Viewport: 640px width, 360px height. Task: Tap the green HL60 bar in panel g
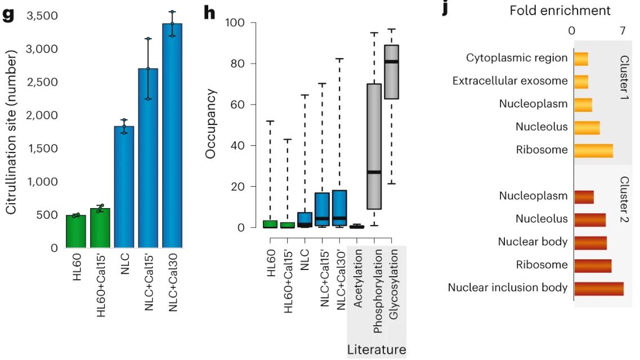[76, 232]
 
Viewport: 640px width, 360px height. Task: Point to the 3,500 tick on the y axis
[42, 15]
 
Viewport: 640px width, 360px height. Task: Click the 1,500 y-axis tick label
[42, 148]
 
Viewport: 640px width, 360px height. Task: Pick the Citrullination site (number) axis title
[12, 131]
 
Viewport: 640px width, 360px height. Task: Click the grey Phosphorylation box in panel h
[373, 146]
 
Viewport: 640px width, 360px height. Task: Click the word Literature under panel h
[376, 349]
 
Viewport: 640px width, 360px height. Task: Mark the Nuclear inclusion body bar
[598, 288]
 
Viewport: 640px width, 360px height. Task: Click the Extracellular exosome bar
[581, 81]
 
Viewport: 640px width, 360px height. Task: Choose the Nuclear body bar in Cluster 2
[590, 242]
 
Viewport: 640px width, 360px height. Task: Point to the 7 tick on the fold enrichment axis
[623, 30]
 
